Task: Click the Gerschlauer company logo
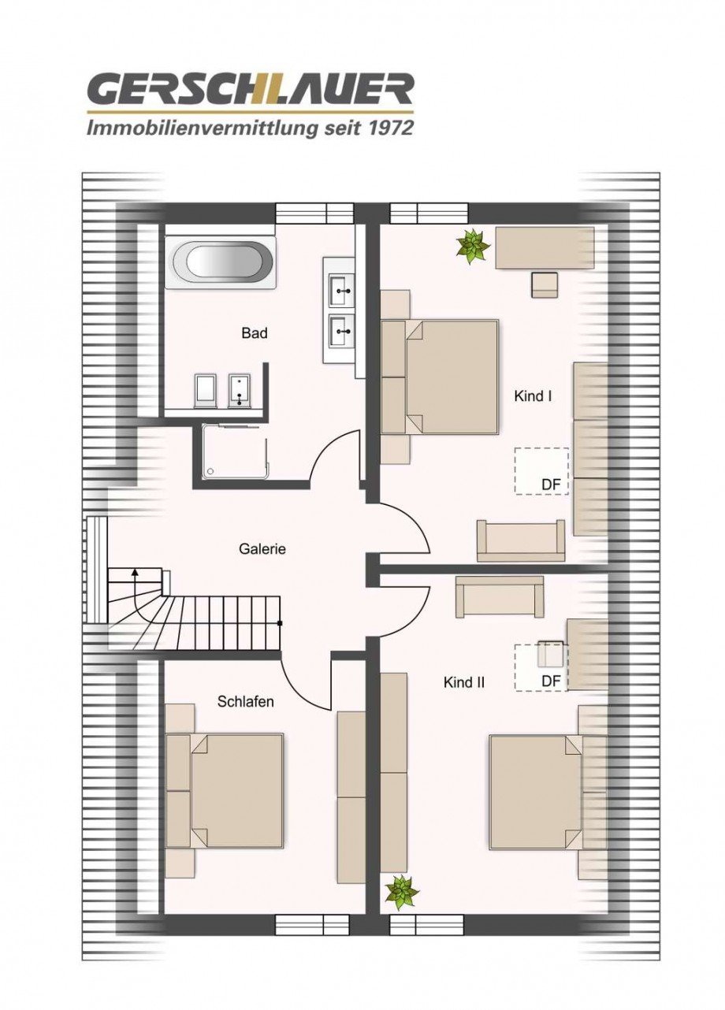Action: click(250, 90)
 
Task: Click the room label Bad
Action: click(255, 333)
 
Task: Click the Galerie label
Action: click(262, 549)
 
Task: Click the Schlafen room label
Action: click(246, 701)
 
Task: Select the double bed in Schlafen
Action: click(226, 790)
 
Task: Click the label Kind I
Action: click(533, 395)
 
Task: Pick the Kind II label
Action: click(464, 682)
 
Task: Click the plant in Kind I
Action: click(473, 245)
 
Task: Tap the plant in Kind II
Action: click(402, 891)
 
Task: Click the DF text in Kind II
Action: click(550, 681)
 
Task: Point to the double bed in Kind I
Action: click(441, 377)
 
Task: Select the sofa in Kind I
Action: click(521, 540)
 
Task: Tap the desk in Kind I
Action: click(545, 247)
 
